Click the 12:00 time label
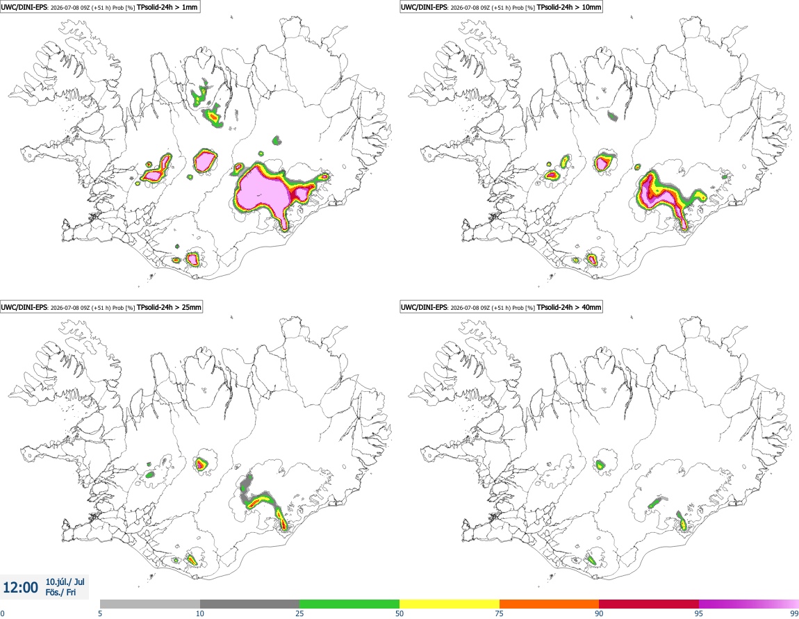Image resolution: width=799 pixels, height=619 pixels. (x=20, y=588)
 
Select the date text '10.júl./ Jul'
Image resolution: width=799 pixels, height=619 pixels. (x=65, y=581)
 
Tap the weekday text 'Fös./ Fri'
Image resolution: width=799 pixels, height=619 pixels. (x=60, y=593)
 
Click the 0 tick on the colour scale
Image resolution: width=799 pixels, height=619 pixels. (x=3, y=613)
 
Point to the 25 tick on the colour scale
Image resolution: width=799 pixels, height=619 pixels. (x=299, y=613)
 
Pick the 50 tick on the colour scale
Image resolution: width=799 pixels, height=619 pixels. (x=400, y=613)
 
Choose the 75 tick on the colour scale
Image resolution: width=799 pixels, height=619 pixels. (x=500, y=613)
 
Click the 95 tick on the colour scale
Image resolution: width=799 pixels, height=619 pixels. (x=699, y=613)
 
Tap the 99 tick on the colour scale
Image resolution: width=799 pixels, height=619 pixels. (x=794, y=613)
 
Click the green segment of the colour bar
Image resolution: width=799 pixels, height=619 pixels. (x=349, y=604)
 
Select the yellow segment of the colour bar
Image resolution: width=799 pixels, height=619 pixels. (x=450, y=604)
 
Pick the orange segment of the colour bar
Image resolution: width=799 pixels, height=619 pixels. (x=550, y=604)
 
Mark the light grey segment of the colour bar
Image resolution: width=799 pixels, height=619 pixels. (x=150, y=604)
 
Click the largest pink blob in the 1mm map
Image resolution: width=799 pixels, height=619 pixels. (x=263, y=191)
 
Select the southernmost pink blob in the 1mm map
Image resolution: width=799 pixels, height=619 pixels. (x=192, y=259)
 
